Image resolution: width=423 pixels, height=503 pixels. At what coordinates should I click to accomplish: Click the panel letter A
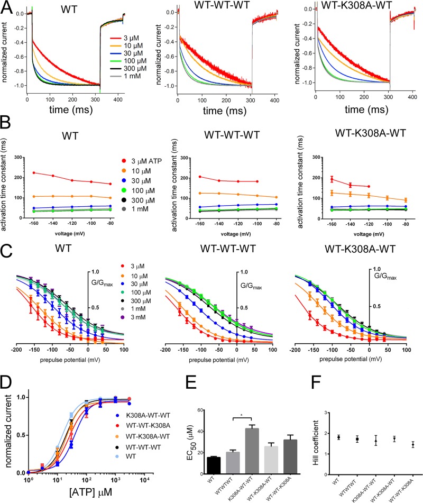coord(7,7)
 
